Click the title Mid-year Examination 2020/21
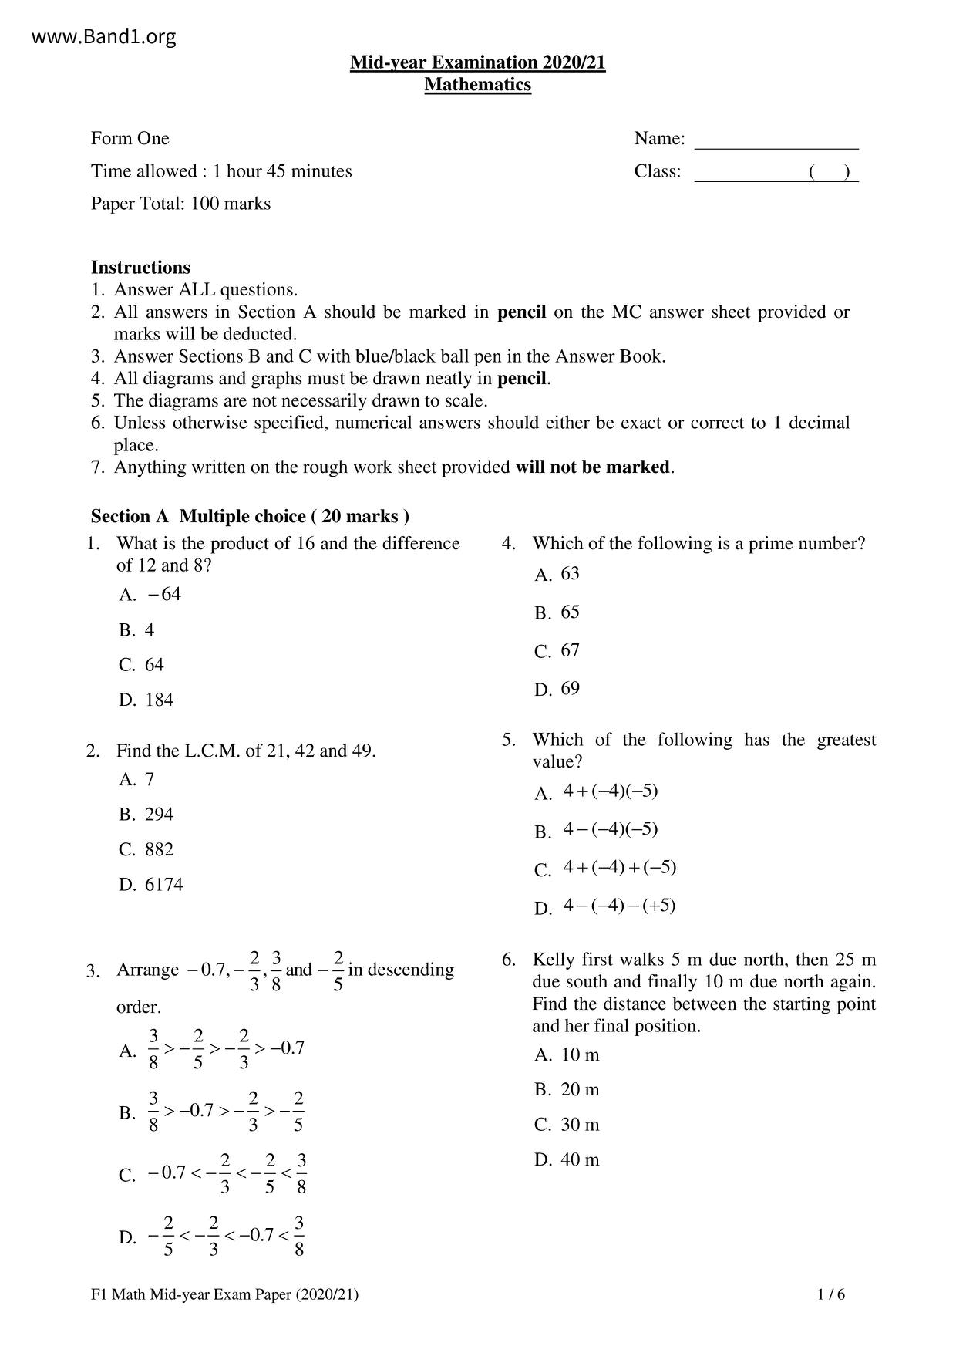[x=477, y=62]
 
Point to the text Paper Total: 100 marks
[x=180, y=204]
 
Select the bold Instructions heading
[x=140, y=268]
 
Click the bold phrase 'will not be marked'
[x=592, y=467]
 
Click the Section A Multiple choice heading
[x=250, y=516]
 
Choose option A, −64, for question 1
[x=150, y=595]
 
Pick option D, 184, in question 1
[x=146, y=700]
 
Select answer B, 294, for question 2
[x=146, y=815]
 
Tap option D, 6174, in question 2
[x=151, y=885]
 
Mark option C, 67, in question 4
[x=557, y=651]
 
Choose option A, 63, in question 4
[x=557, y=574]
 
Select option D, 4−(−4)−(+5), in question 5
[x=605, y=906]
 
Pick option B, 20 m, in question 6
[x=567, y=1090]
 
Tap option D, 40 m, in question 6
[x=567, y=1160]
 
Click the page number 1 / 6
[x=831, y=1295]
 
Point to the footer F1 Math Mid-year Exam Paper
[x=224, y=1295]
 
